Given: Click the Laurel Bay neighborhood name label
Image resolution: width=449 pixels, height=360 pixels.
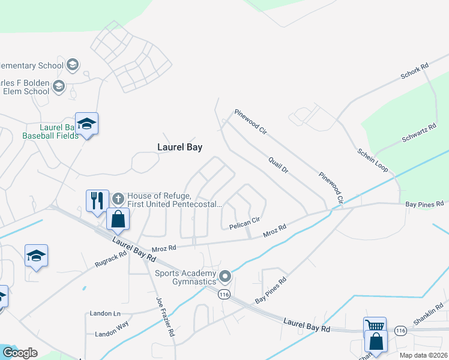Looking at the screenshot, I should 179,147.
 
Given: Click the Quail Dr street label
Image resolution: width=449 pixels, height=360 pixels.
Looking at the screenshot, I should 279,165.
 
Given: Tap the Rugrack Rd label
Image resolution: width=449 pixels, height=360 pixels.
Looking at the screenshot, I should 110,259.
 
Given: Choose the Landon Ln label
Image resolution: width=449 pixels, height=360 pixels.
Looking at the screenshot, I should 104,313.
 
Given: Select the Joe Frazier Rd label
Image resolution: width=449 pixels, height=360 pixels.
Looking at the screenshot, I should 165,316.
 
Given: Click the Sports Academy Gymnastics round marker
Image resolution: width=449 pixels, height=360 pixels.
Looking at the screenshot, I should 225,277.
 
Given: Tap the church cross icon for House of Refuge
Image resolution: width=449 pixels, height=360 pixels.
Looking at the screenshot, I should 118,197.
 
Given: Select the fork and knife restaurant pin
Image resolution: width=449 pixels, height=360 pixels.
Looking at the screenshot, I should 97,200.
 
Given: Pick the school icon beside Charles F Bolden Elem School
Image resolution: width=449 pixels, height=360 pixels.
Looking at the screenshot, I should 59,86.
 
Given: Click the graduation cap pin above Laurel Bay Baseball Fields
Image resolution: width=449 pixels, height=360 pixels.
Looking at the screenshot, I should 86,124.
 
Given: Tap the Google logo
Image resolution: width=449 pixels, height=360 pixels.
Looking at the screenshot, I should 20,353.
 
